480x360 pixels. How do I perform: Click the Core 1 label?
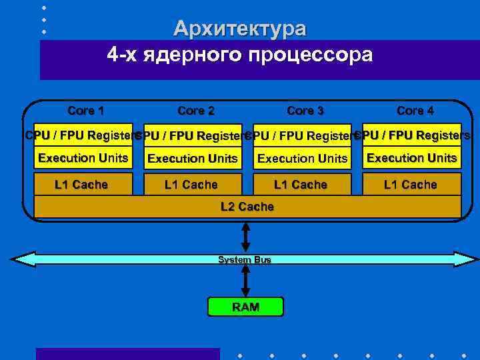pos(86,110)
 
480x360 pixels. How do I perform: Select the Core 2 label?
pos(196,111)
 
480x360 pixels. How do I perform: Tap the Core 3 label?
pos(305,111)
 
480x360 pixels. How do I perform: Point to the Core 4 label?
pos(415,110)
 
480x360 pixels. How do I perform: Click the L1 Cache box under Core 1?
pos(81,185)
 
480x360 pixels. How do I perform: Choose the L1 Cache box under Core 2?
pos(191,185)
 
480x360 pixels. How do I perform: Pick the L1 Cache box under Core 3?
pos(301,185)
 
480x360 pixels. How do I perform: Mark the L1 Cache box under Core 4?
pos(411,185)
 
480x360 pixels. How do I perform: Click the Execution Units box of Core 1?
pos(83,158)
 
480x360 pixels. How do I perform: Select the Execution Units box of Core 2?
pos(192,159)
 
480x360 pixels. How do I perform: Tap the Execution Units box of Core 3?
pos(303,159)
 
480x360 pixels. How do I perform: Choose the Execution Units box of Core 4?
pos(412,158)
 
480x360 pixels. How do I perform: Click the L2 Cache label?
pos(247,207)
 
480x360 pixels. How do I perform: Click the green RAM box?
pos(245,307)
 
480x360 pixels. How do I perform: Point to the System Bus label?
pos(245,259)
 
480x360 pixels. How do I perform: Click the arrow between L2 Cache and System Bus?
pos(245,236)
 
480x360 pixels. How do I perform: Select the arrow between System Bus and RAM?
pos(245,280)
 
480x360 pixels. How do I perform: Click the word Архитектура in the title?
pos(240,29)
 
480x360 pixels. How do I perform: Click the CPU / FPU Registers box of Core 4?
pos(412,135)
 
